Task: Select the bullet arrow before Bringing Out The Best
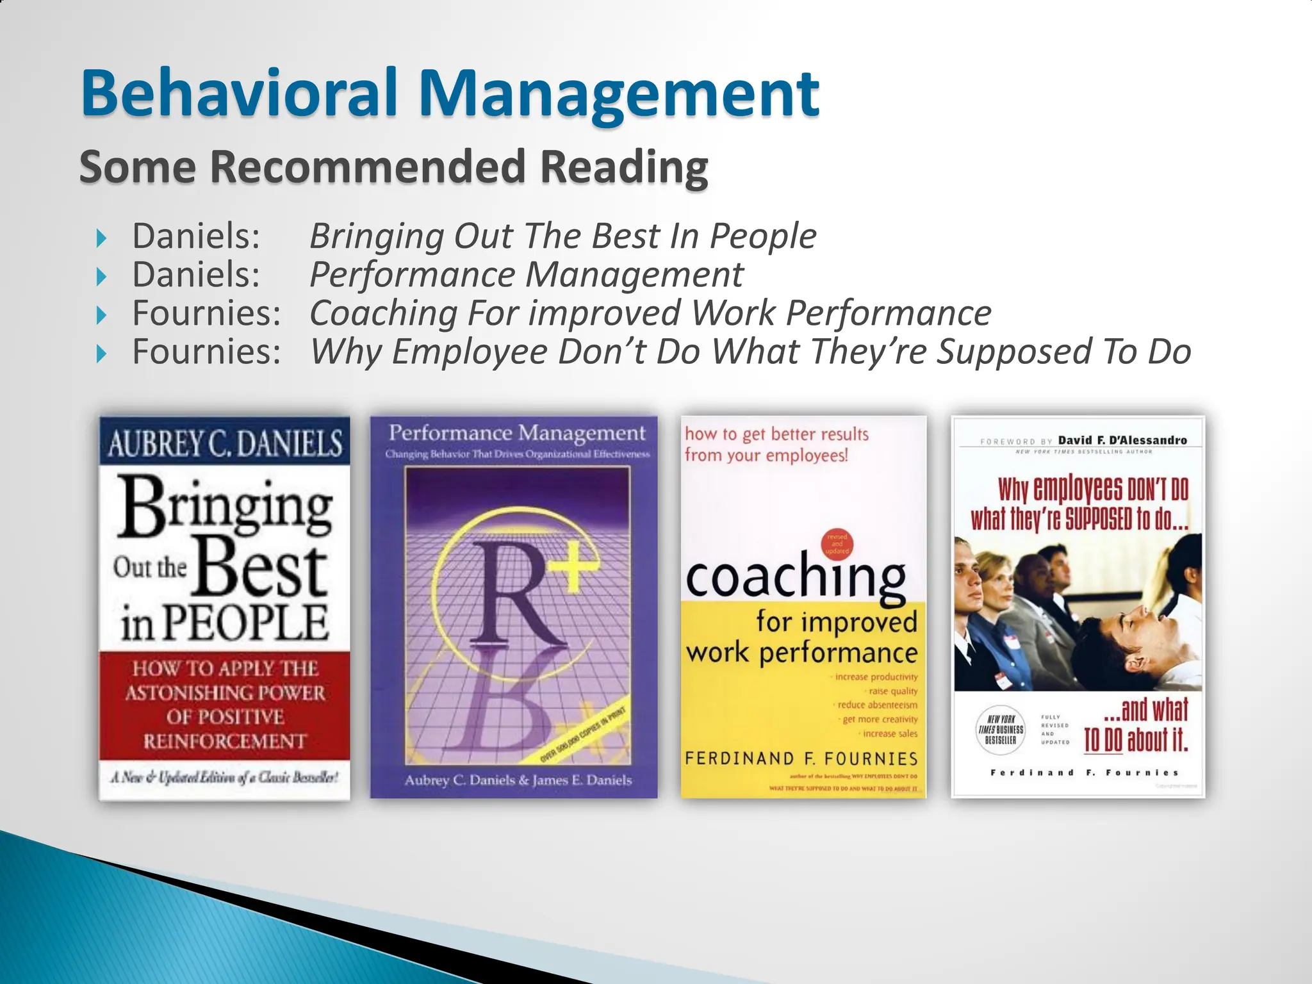[101, 239]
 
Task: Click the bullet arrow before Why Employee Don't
[101, 354]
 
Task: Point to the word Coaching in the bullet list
[383, 314]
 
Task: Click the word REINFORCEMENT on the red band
[224, 741]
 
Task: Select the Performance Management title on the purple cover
[517, 433]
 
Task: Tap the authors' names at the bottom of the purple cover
[518, 780]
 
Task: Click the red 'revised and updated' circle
[837, 544]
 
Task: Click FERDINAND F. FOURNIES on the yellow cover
[801, 758]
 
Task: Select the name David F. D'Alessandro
[1122, 440]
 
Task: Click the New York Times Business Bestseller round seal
[1000, 730]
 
